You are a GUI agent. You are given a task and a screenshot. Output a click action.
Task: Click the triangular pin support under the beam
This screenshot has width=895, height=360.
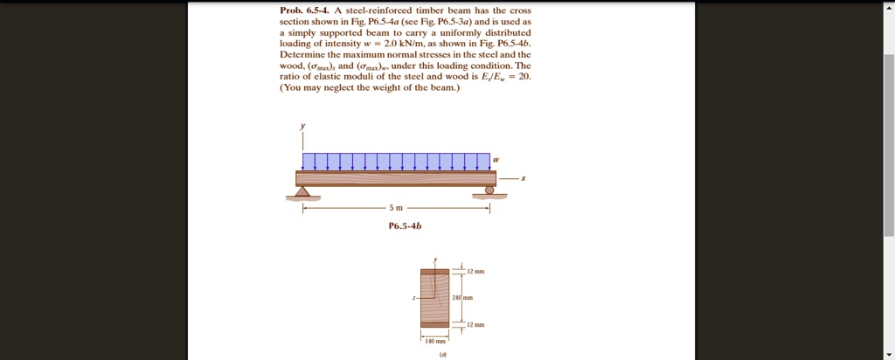click(303, 191)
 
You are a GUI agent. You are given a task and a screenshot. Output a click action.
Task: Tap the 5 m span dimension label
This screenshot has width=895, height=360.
click(396, 208)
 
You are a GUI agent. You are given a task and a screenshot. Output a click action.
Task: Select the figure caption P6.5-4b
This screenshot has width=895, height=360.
click(405, 225)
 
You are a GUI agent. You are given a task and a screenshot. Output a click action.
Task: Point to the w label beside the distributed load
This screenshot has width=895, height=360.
click(496, 160)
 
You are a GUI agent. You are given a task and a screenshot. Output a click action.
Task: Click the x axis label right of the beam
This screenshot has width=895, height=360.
click(523, 178)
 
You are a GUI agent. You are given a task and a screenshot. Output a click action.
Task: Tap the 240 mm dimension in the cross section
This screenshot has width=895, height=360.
click(461, 298)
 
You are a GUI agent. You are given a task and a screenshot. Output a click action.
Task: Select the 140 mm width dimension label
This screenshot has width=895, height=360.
click(434, 341)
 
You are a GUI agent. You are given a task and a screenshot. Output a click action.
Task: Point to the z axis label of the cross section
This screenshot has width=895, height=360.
click(414, 298)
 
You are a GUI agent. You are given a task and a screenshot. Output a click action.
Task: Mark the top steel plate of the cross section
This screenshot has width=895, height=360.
click(434, 272)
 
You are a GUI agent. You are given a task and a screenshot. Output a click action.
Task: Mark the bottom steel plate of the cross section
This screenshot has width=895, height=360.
click(434, 324)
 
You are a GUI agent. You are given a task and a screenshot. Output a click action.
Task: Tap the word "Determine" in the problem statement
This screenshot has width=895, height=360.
click(303, 54)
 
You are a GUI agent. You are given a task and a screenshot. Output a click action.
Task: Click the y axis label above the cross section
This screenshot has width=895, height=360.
click(435, 260)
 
